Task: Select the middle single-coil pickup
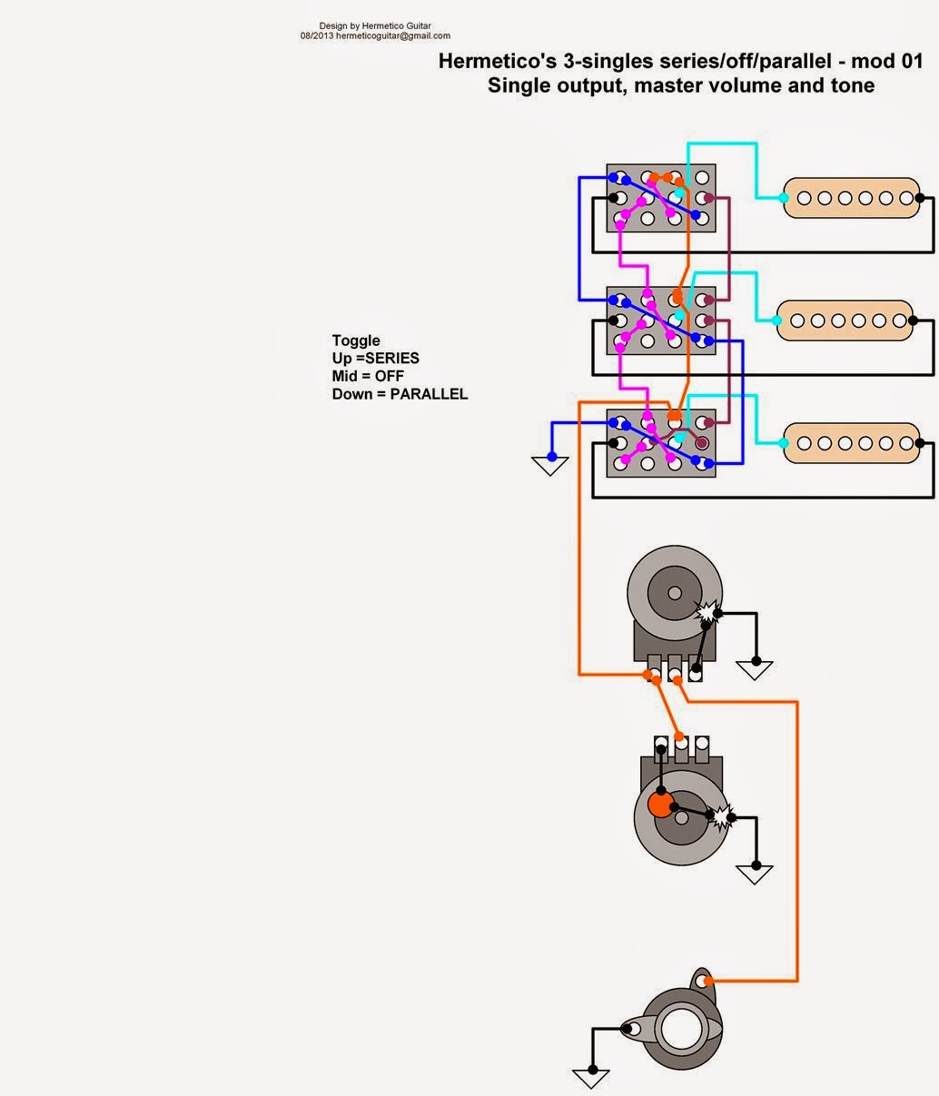coord(845,320)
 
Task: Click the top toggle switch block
coord(660,197)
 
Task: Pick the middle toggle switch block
coord(660,320)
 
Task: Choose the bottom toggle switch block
coord(660,443)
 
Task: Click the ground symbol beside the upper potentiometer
coord(755,670)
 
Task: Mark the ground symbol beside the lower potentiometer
coord(755,874)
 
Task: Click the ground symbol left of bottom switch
coord(549,465)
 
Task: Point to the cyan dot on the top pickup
coord(784,197)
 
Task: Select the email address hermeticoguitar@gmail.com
coord(392,36)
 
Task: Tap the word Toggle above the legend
coord(356,341)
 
